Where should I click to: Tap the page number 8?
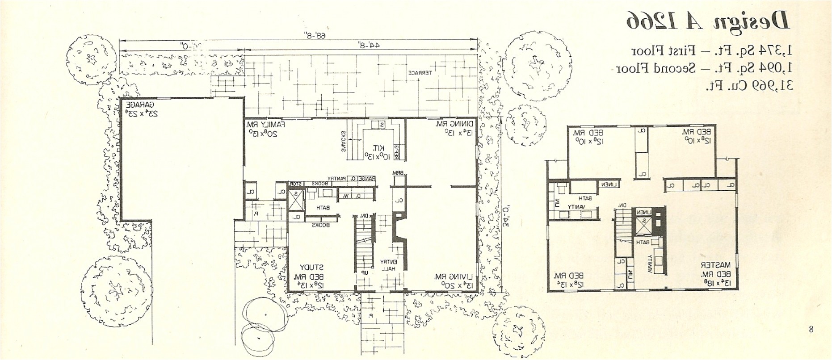point(811,330)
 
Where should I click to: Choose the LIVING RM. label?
point(450,277)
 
